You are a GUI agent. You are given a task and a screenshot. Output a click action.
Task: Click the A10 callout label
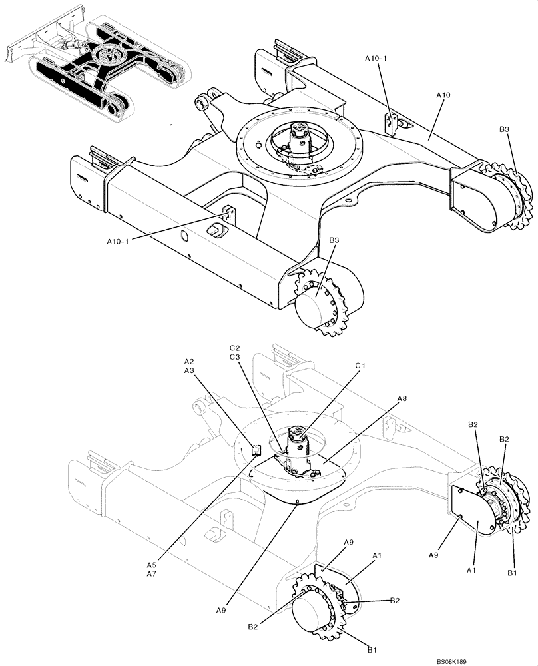[443, 96]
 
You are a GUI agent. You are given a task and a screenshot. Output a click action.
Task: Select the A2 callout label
[190, 362]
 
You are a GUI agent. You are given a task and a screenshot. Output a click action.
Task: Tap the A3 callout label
[190, 370]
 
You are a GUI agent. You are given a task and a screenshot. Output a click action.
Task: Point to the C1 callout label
[361, 366]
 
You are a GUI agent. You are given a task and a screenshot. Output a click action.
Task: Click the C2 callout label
[235, 348]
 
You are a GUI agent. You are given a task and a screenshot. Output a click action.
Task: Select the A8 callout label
[402, 398]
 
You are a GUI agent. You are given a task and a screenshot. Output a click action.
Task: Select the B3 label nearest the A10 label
[504, 129]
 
